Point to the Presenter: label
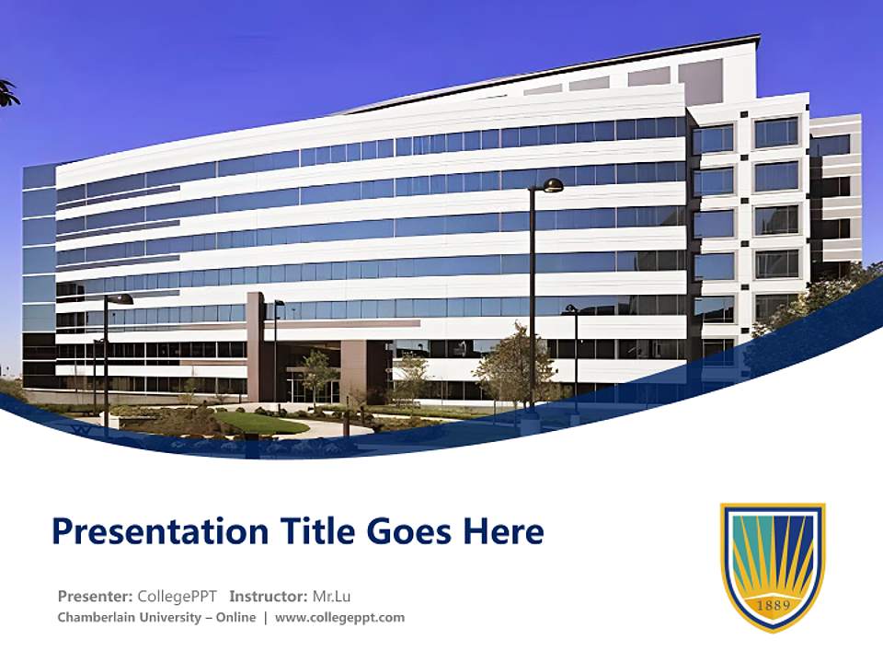click(x=95, y=596)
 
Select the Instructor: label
click(x=269, y=596)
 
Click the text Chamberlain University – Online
click(x=156, y=618)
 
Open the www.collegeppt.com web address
click(x=339, y=618)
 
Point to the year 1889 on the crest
click(x=773, y=605)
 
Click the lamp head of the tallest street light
click(x=552, y=186)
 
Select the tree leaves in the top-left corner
click(x=7, y=92)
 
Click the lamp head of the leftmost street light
click(x=120, y=299)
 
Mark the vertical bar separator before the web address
click(x=266, y=618)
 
